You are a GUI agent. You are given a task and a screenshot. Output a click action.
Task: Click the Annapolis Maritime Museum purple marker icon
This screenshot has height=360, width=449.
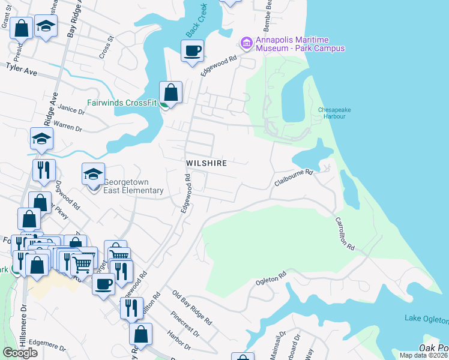[x=246, y=43]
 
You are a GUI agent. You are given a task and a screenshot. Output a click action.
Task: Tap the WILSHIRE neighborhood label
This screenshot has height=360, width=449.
[x=206, y=163]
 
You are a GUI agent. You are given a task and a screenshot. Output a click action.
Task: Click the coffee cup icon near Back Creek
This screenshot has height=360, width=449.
[x=192, y=51]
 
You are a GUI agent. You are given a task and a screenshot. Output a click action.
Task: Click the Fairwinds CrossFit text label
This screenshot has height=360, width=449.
[x=122, y=103]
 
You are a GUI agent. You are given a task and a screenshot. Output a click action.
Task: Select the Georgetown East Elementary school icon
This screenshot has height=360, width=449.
[x=93, y=175]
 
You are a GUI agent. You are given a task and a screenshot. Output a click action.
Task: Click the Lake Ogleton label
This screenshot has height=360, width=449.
[x=426, y=318]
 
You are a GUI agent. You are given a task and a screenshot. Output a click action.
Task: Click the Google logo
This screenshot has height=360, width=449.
[x=20, y=353]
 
